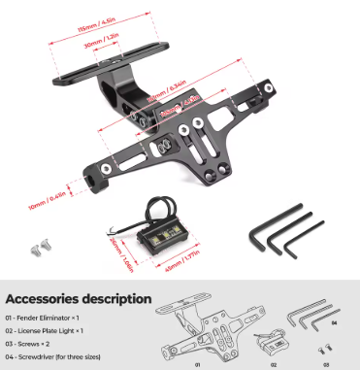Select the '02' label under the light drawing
click(275, 364)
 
